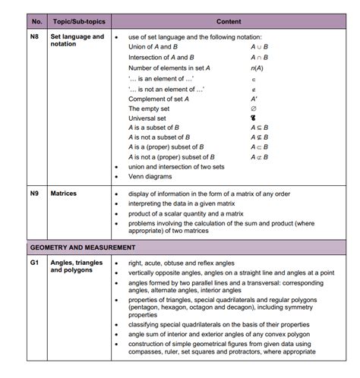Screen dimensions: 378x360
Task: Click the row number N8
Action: pyautogui.click(x=35, y=36)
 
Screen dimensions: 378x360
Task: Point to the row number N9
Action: pyautogui.click(x=35, y=194)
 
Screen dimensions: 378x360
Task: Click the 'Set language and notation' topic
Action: pyautogui.click(x=77, y=40)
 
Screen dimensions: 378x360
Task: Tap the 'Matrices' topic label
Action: pyautogui.click(x=64, y=194)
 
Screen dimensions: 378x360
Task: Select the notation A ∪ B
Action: pyautogui.click(x=260, y=47)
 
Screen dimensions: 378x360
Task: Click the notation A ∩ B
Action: pyautogui.click(x=260, y=57)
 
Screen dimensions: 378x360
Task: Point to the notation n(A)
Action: pyautogui.click(x=257, y=68)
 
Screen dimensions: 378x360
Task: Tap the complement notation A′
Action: pyautogui.click(x=254, y=98)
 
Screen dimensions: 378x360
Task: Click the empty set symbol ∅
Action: pyautogui.click(x=254, y=109)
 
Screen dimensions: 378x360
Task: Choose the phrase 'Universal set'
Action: pyautogui.click(x=147, y=118)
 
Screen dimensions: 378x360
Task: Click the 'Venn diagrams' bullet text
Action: pyautogui.click(x=150, y=176)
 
